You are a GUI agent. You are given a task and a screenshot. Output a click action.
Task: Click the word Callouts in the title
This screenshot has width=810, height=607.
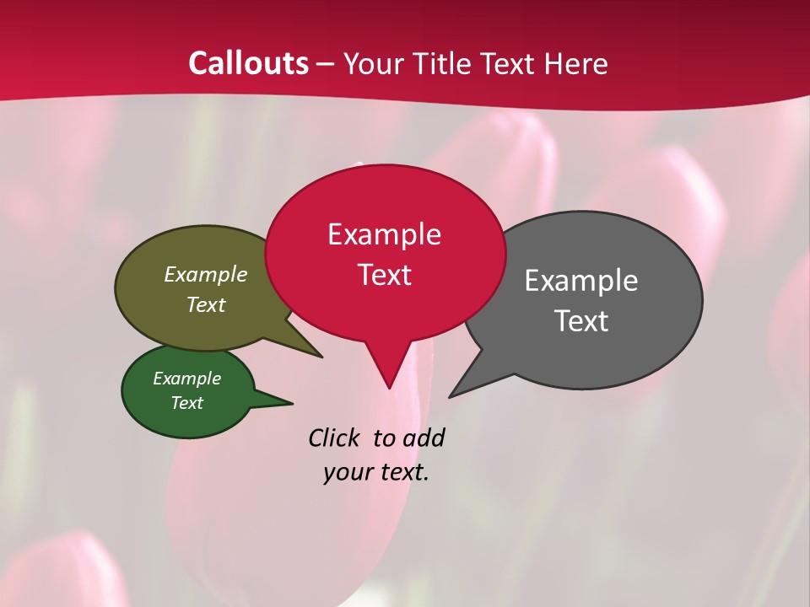(248, 63)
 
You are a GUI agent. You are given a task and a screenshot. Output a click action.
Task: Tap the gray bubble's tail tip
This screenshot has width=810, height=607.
(451, 396)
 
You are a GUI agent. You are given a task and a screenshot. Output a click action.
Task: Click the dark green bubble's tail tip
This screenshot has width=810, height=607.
(292, 402)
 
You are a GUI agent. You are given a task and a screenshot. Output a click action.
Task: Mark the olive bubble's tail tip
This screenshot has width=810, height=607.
(321, 357)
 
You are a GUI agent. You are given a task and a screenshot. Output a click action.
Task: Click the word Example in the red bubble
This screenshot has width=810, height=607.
(385, 234)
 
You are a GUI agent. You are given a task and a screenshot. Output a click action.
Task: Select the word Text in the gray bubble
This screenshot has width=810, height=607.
(581, 321)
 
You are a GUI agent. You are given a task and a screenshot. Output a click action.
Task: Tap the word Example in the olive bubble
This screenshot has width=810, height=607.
(206, 275)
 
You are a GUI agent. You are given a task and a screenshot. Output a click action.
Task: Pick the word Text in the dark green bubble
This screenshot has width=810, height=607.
(187, 403)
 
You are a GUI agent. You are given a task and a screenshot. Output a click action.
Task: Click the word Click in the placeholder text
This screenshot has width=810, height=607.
(334, 438)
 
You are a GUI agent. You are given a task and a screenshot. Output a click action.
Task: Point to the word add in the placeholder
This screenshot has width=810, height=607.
(424, 438)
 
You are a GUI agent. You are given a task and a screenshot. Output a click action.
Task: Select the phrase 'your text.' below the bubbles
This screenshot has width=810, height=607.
(376, 472)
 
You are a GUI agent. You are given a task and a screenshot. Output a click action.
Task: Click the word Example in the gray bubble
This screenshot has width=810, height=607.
(581, 281)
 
